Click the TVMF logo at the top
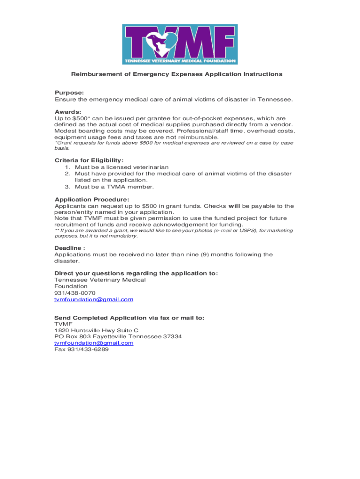tap(180, 44)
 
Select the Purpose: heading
tap(69, 93)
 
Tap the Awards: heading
tap(68, 112)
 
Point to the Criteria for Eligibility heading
tap(89, 160)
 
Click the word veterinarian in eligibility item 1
tap(150, 167)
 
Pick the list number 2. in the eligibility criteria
tap(67, 174)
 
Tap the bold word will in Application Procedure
tap(234, 206)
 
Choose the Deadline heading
tap(69, 248)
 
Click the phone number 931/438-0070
tap(75, 293)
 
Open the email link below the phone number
tap(94, 299)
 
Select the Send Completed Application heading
tap(129, 318)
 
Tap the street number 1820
tap(62, 330)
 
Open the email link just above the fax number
tap(94, 343)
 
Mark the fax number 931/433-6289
tap(88, 349)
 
